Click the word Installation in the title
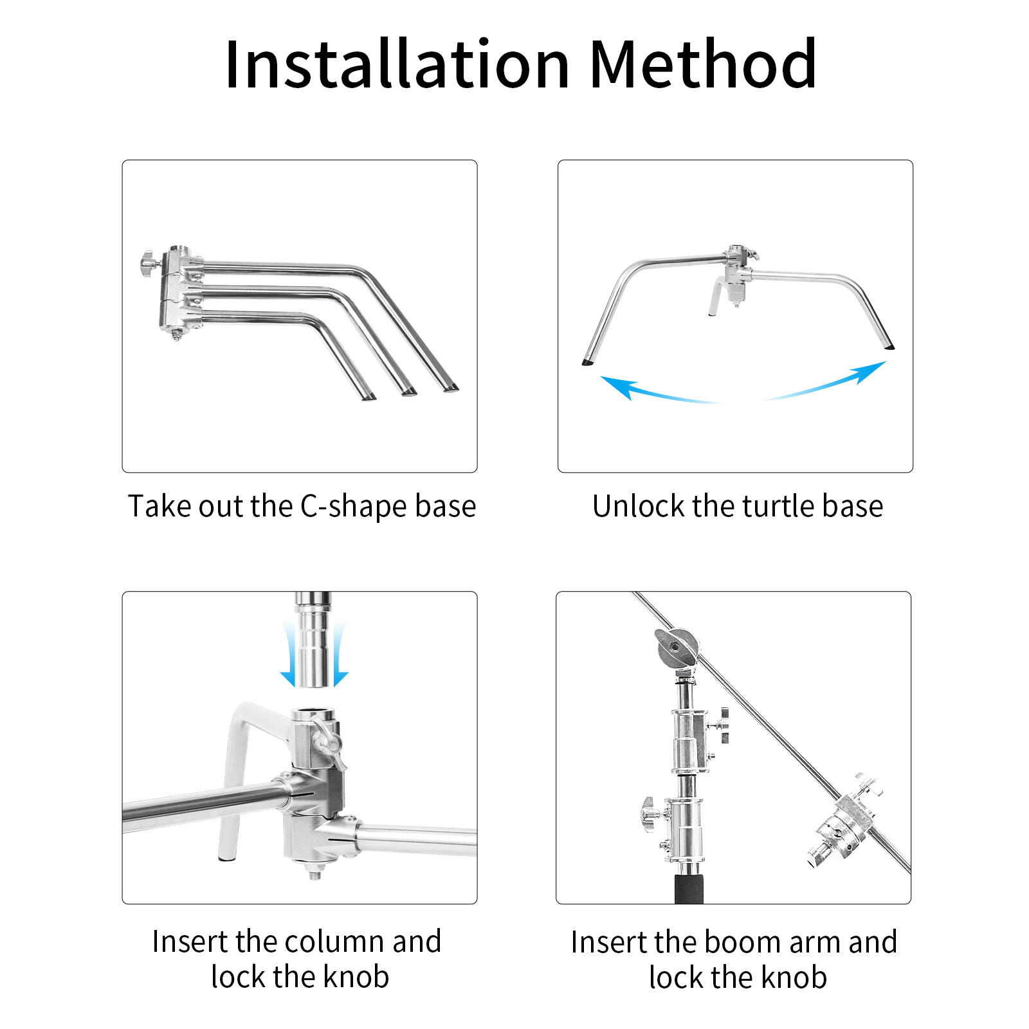point(397,64)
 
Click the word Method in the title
point(703,64)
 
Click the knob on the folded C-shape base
point(149,264)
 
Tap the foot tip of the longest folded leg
point(450,388)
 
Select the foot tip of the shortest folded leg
point(369,397)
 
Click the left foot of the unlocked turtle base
point(587,363)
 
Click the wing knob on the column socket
point(327,744)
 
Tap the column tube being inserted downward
point(313,639)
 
